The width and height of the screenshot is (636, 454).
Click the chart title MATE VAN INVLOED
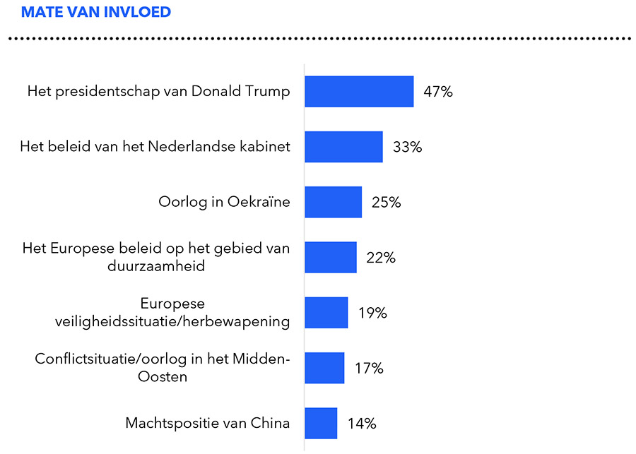pyautogui.click(x=96, y=13)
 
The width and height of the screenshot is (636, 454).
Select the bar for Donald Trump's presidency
pyautogui.click(x=359, y=92)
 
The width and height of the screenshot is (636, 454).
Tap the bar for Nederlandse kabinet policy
pyautogui.click(x=343, y=147)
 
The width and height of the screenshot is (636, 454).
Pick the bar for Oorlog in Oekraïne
pyautogui.click(x=333, y=202)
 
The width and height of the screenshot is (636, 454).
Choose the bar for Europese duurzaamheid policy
pyautogui.click(x=330, y=257)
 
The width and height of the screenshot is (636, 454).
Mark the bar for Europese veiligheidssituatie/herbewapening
pyautogui.click(x=326, y=312)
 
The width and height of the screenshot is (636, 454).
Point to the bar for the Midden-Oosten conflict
pyautogui.click(x=324, y=368)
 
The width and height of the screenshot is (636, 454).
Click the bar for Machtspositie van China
pyautogui.click(x=321, y=423)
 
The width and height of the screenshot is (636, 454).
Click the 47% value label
pyautogui.click(x=438, y=92)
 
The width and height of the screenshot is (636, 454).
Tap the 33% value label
pyautogui.click(x=407, y=147)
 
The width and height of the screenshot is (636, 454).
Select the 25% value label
pyautogui.click(x=387, y=202)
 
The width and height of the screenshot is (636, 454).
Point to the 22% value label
pyautogui.click(x=381, y=257)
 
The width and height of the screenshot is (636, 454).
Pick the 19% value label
pyautogui.click(x=372, y=312)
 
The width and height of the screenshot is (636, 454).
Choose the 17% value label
pyautogui.click(x=369, y=368)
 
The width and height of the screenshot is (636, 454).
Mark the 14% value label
pyautogui.click(x=362, y=423)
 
